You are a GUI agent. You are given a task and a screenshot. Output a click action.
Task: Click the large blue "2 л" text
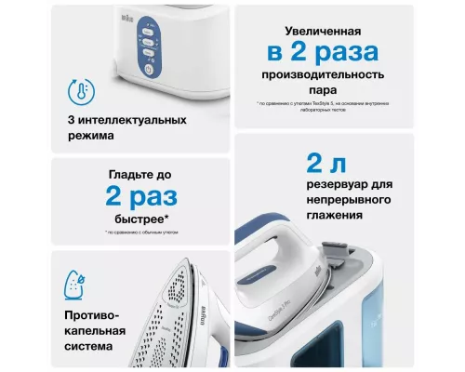pyautogui.click(x=329, y=165)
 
